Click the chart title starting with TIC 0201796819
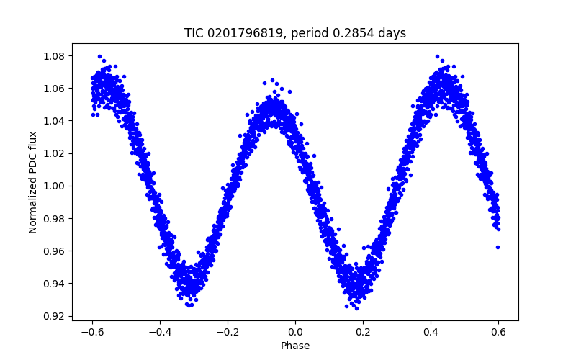point(295,33)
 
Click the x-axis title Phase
point(295,346)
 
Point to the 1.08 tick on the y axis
point(55,56)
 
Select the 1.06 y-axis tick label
point(55,89)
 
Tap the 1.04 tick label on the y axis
point(55,121)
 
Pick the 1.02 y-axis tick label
point(55,153)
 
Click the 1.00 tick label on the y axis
point(55,186)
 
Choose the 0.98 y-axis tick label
point(55,218)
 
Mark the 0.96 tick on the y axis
point(55,251)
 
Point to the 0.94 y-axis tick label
point(55,283)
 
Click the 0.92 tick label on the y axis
point(55,316)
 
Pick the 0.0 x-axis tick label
point(295,332)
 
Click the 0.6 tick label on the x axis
point(498,332)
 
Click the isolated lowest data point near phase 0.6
point(498,247)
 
